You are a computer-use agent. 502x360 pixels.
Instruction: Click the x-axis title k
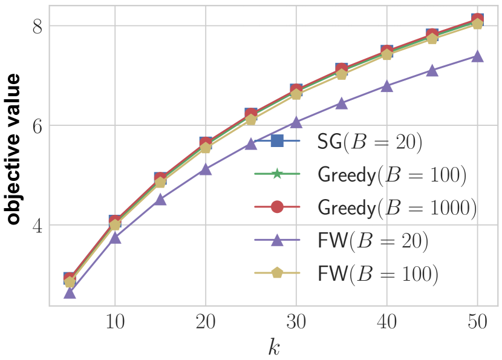click(x=274, y=347)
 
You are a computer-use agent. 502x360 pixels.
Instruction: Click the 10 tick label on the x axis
click(x=115, y=322)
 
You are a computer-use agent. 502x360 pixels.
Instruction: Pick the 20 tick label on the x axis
click(x=206, y=322)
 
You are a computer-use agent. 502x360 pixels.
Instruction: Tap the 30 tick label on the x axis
click(x=296, y=322)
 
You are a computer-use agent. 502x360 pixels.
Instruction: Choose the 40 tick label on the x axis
click(x=387, y=322)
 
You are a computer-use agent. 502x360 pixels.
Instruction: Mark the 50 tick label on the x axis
click(x=477, y=322)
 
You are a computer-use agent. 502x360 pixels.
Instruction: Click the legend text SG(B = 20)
click(x=369, y=142)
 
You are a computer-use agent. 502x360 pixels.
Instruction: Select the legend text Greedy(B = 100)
click(x=392, y=174)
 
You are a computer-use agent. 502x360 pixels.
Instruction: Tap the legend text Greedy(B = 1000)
click(x=397, y=208)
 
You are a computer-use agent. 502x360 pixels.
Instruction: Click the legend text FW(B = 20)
click(x=373, y=241)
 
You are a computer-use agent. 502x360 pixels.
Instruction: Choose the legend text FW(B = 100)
click(x=378, y=273)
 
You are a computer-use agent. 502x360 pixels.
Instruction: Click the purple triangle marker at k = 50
click(x=477, y=56)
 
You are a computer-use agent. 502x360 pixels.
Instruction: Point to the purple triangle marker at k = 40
click(x=387, y=87)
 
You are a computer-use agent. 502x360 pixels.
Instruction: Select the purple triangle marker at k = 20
click(x=206, y=169)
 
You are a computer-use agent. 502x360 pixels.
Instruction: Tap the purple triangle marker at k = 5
click(x=70, y=293)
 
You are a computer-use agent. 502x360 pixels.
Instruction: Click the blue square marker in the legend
click(x=276, y=142)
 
